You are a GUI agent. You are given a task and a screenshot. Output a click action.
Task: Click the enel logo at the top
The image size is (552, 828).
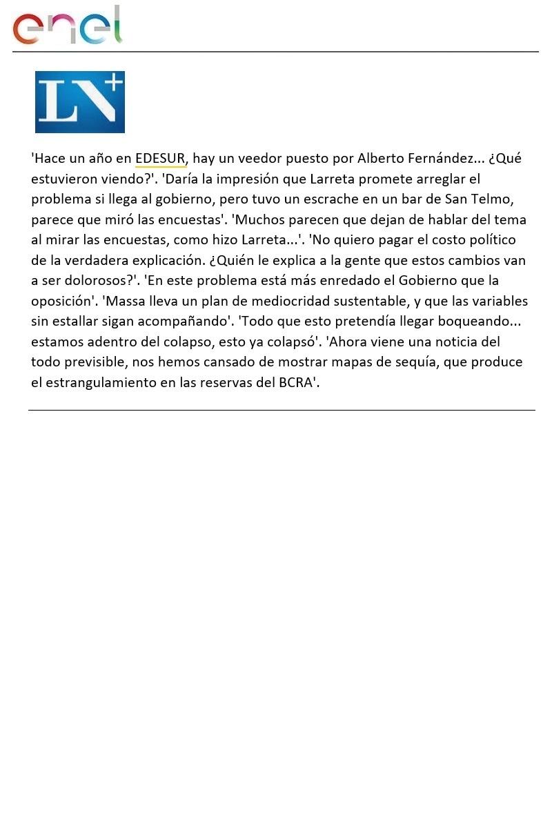(x=67, y=26)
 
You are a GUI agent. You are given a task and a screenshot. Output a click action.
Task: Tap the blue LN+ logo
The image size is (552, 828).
(x=80, y=101)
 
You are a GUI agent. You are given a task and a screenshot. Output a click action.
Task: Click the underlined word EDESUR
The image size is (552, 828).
(x=160, y=159)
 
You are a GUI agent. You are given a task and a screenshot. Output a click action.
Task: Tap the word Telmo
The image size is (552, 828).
(x=493, y=199)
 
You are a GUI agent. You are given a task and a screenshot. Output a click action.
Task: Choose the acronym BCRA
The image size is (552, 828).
(x=296, y=383)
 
